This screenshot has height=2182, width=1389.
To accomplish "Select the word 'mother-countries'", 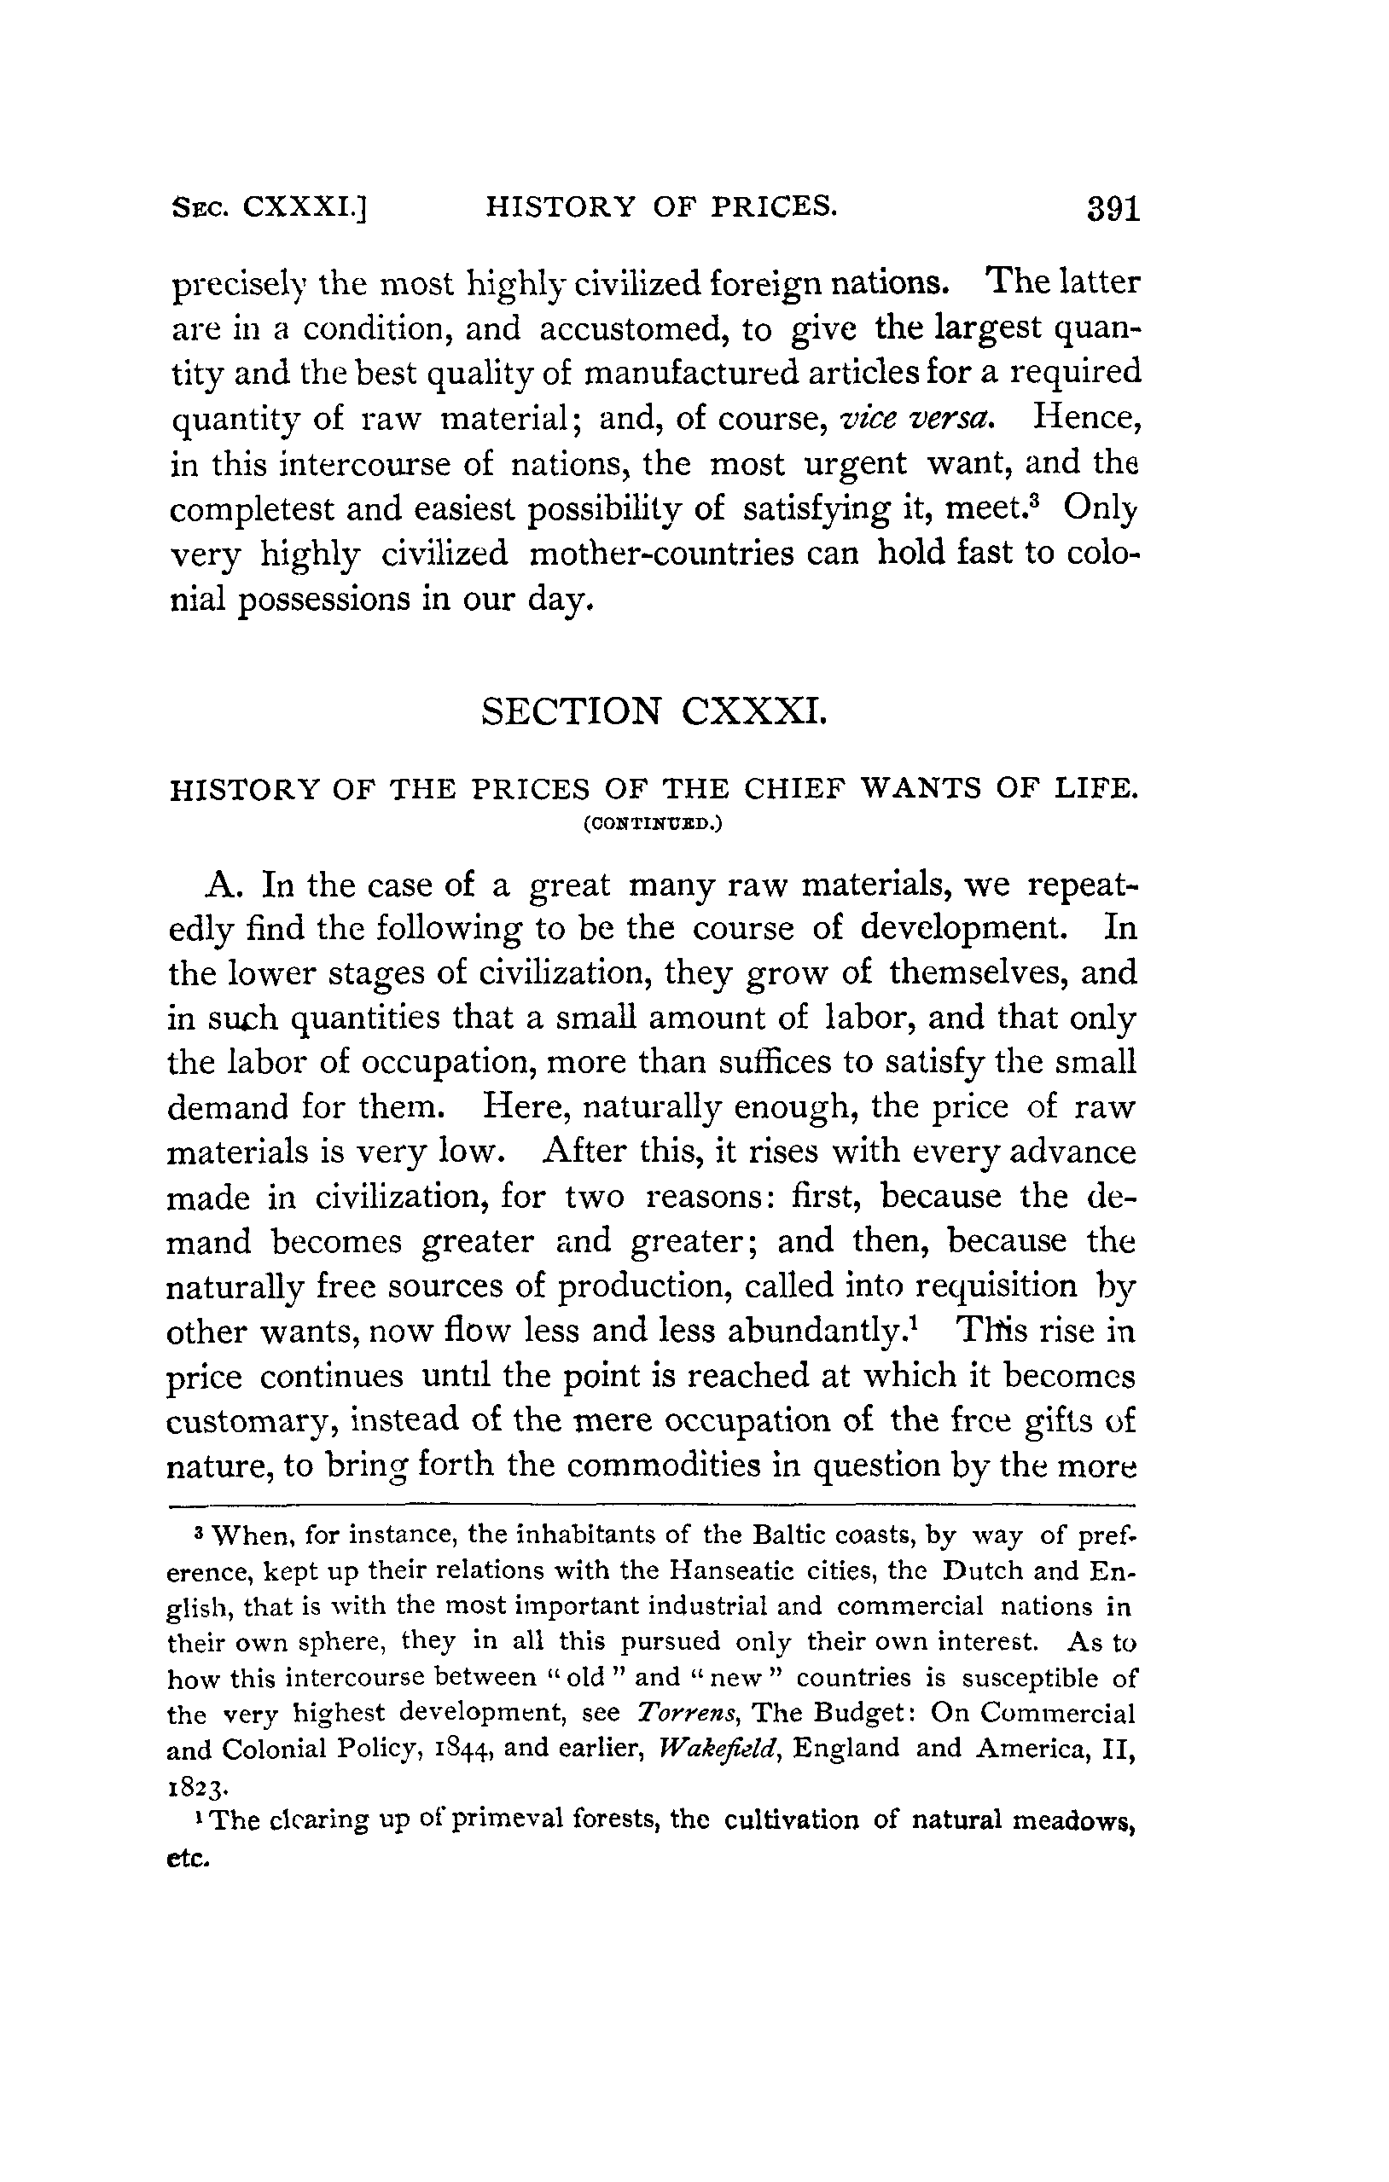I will (x=693, y=554).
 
